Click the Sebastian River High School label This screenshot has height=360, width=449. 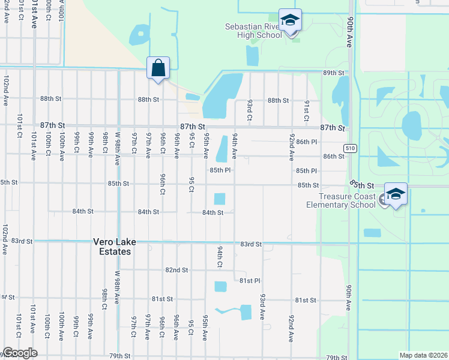pyautogui.click(x=253, y=31)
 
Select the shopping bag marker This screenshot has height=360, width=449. pyautogui.click(x=158, y=68)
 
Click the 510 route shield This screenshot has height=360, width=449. pyautogui.click(x=350, y=148)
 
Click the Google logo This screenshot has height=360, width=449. pyautogui.click(x=20, y=353)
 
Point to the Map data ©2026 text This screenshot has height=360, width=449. pyautogui.click(x=423, y=355)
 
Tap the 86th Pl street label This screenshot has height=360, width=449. pyautogui.click(x=306, y=142)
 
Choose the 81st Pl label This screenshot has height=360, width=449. pyautogui.click(x=249, y=280)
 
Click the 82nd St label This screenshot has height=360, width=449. pyautogui.click(x=177, y=270)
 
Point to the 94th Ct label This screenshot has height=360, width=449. pyautogui.click(x=220, y=256)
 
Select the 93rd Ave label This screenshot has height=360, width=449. pyautogui.click(x=263, y=307)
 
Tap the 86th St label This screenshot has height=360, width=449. pyautogui.click(x=333, y=156)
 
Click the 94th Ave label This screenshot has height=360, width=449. pyautogui.click(x=235, y=146)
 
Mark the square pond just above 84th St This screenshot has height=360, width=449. pyautogui.click(x=220, y=199)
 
